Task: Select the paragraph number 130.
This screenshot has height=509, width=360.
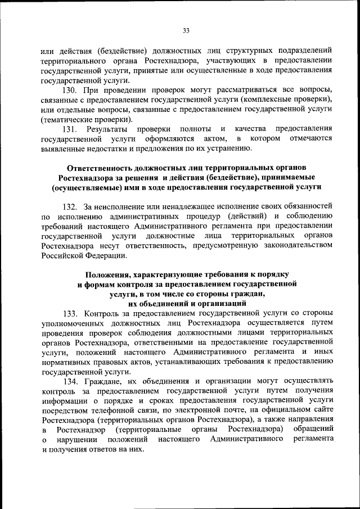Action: pyautogui.click(x=70, y=91)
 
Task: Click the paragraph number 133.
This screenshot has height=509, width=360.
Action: pyautogui.click(x=70, y=312)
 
